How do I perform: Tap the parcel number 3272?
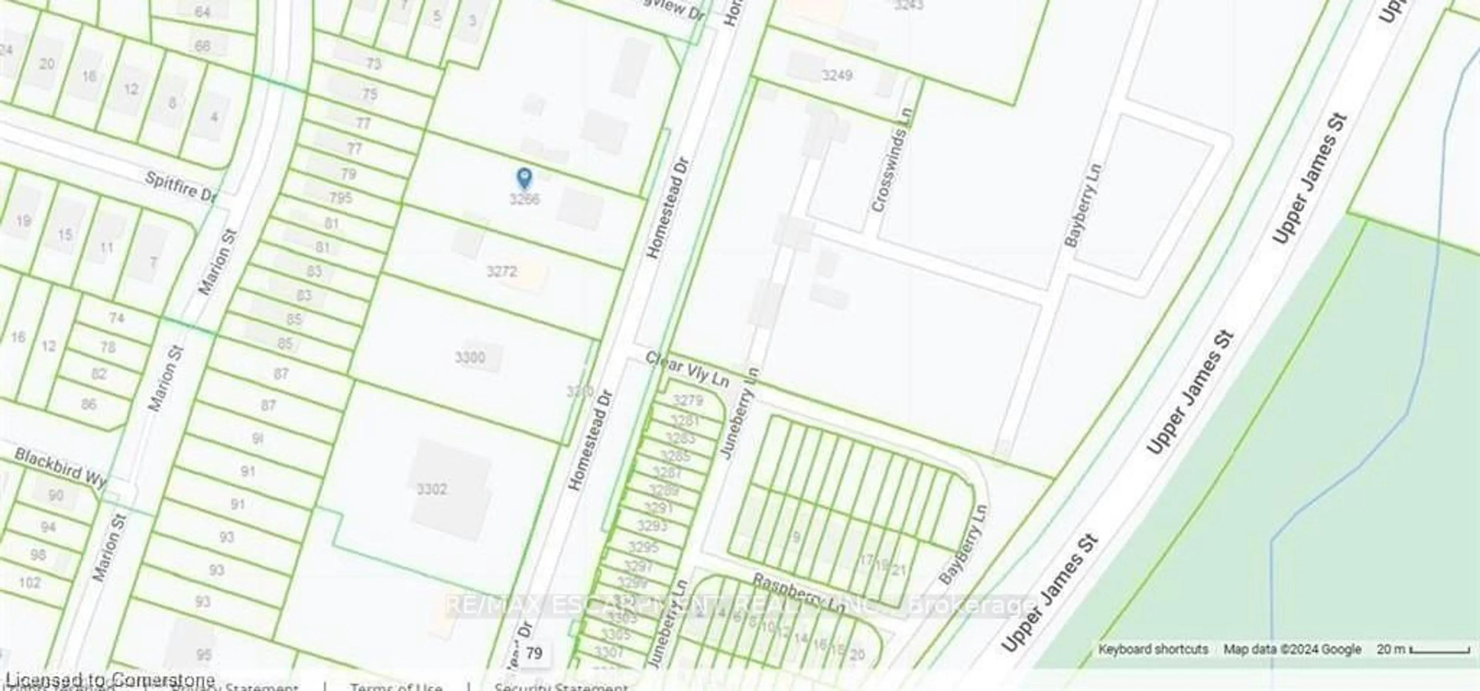(501, 271)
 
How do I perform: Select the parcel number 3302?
(432, 489)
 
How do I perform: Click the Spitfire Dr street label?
(180, 187)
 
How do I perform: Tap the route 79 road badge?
(534, 654)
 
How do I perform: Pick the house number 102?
(30, 583)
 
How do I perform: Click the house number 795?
(341, 198)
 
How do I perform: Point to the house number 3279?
(688, 400)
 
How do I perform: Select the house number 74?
(117, 318)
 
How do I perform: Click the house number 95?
(204, 655)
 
